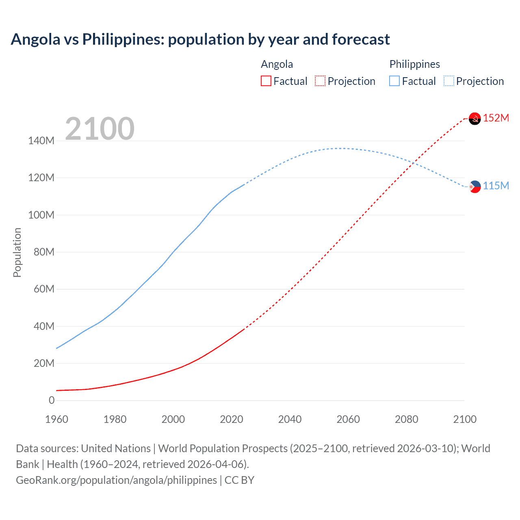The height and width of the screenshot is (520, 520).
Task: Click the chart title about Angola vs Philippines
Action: pos(200,39)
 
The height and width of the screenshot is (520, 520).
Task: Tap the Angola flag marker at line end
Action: pos(474,119)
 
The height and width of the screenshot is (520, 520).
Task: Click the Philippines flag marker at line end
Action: pos(474,186)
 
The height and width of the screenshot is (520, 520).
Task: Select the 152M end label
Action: pos(496,118)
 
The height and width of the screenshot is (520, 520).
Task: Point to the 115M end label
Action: pos(496,186)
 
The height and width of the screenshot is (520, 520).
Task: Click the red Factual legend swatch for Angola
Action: pos(266,81)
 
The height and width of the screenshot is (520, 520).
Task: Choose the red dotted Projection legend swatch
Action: pos(320,81)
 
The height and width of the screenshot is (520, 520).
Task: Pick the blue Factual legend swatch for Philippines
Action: pos(394,81)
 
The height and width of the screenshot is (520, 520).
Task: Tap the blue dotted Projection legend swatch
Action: pos(448,81)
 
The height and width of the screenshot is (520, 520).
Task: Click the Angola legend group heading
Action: pos(277,64)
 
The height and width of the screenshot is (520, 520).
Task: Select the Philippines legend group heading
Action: pos(414,64)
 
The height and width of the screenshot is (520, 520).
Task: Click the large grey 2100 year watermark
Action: pos(100,129)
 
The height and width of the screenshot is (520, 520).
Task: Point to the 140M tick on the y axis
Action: pos(41,141)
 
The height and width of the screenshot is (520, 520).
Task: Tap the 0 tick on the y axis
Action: pos(52,400)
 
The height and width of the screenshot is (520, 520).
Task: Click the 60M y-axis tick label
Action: pos(41,289)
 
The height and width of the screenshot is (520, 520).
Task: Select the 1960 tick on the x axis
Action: pos(56,419)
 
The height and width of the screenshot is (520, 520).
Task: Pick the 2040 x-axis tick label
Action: pos(290,419)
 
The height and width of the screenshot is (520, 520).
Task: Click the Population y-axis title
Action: pos(17,252)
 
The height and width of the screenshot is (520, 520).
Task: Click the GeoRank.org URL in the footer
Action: pos(116,480)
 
